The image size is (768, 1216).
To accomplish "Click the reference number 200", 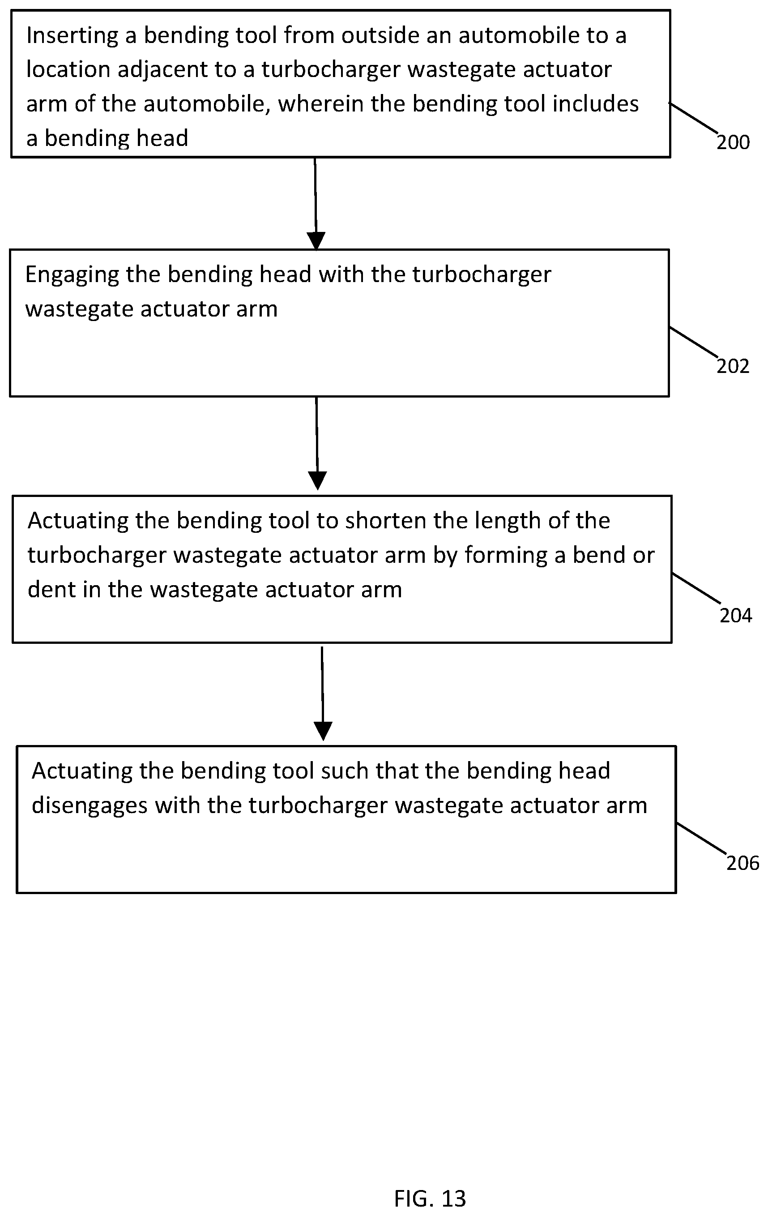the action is (x=733, y=142).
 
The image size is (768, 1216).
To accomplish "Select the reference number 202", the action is (x=733, y=366).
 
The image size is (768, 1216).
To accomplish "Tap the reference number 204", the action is (x=736, y=616).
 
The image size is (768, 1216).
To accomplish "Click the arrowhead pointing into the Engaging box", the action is (x=316, y=241).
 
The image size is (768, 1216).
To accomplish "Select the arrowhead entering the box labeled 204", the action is (x=318, y=480).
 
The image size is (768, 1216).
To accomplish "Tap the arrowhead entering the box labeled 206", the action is (x=323, y=731).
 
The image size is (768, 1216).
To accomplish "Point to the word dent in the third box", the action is (x=51, y=589).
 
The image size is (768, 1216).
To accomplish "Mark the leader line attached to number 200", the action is (x=694, y=119).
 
